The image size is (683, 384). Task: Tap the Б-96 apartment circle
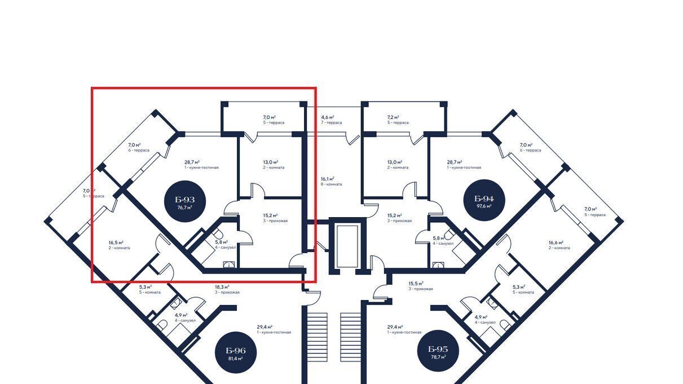(x=236, y=354)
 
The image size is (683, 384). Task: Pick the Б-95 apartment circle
(x=438, y=352)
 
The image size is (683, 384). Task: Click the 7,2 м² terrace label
(x=398, y=120)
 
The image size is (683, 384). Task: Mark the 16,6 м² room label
(x=559, y=245)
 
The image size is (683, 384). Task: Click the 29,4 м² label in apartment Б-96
(x=274, y=329)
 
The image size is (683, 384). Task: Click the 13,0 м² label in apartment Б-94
(x=398, y=164)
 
